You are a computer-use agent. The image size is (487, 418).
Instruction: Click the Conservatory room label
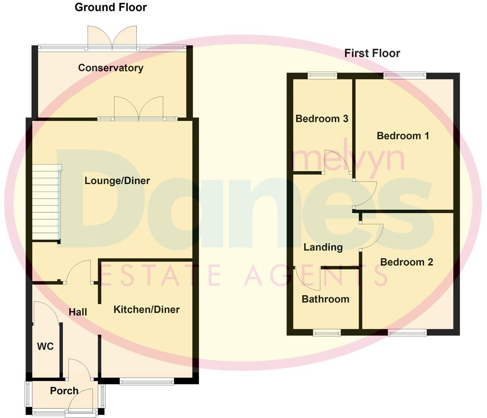tap(111, 68)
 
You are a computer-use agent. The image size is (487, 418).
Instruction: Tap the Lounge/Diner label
tap(117, 181)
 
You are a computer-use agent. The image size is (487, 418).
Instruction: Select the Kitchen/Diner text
tap(146, 310)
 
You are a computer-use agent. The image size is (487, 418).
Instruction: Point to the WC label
tap(45, 347)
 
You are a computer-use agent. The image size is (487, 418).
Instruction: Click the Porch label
tap(64, 391)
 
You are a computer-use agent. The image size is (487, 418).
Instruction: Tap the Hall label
tap(78, 312)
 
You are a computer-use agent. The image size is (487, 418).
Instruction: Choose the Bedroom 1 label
tap(403, 136)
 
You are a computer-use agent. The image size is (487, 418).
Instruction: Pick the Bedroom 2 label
tap(406, 262)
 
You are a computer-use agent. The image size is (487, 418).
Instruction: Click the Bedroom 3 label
tap(322, 119)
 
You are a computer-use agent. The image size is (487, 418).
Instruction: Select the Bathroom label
tap(325, 299)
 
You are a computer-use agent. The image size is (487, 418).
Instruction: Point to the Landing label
tap(323, 247)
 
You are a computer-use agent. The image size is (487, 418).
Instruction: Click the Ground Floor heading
tap(111, 7)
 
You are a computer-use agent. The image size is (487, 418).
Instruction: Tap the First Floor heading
tap(372, 53)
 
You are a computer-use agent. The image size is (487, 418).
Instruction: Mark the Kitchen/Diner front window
tap(147, 381)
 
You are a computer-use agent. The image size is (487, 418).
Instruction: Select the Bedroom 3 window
tap(322, 75)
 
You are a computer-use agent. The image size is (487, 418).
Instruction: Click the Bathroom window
tap(327, 333)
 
